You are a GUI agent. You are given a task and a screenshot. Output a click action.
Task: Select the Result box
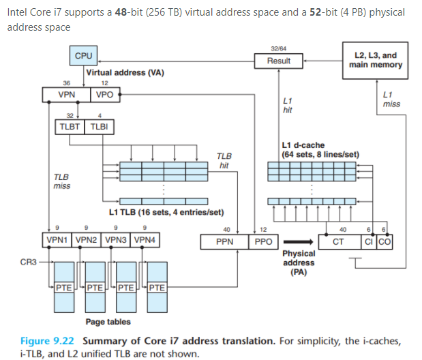point(278,61)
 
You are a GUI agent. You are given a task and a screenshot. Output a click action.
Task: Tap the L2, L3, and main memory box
point(375,60)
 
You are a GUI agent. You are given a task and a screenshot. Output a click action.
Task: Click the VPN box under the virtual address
point(66,95)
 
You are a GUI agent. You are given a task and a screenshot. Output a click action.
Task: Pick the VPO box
point(105,95)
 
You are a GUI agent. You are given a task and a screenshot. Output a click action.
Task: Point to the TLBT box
point(69,127)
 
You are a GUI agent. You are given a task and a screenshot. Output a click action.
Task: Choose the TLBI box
point(98,127)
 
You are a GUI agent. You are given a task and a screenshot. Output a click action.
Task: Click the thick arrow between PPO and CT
point(297,241)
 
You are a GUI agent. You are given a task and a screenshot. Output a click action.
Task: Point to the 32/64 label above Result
point(278,48)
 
